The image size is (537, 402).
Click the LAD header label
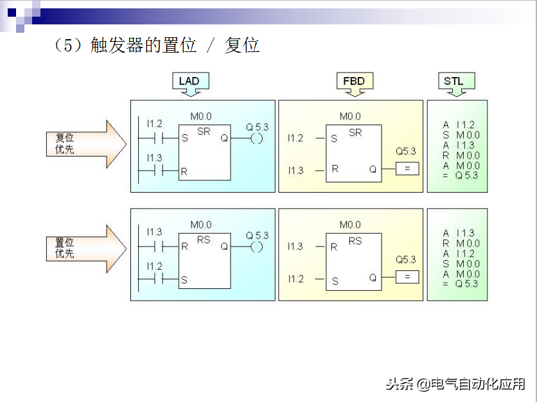tap(189, 81)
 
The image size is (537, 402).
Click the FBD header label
tap(353, 81)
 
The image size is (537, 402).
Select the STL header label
tap(454, 81)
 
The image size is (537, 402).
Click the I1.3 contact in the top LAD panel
tap(154, 171)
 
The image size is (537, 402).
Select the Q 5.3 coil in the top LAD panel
tap(257, 138)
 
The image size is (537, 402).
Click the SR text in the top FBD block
tap(355, 133)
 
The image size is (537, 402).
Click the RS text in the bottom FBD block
tap(355, 241)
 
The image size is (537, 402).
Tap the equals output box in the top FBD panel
tap(407, 170)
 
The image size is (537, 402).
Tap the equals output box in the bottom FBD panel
tap(407, 277)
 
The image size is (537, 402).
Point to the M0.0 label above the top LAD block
tap(200, 117)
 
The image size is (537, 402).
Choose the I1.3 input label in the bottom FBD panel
tap(295, 247)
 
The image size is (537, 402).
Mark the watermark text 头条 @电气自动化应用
tap(455, 384)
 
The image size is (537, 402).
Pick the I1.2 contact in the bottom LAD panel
tap(154, 279)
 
